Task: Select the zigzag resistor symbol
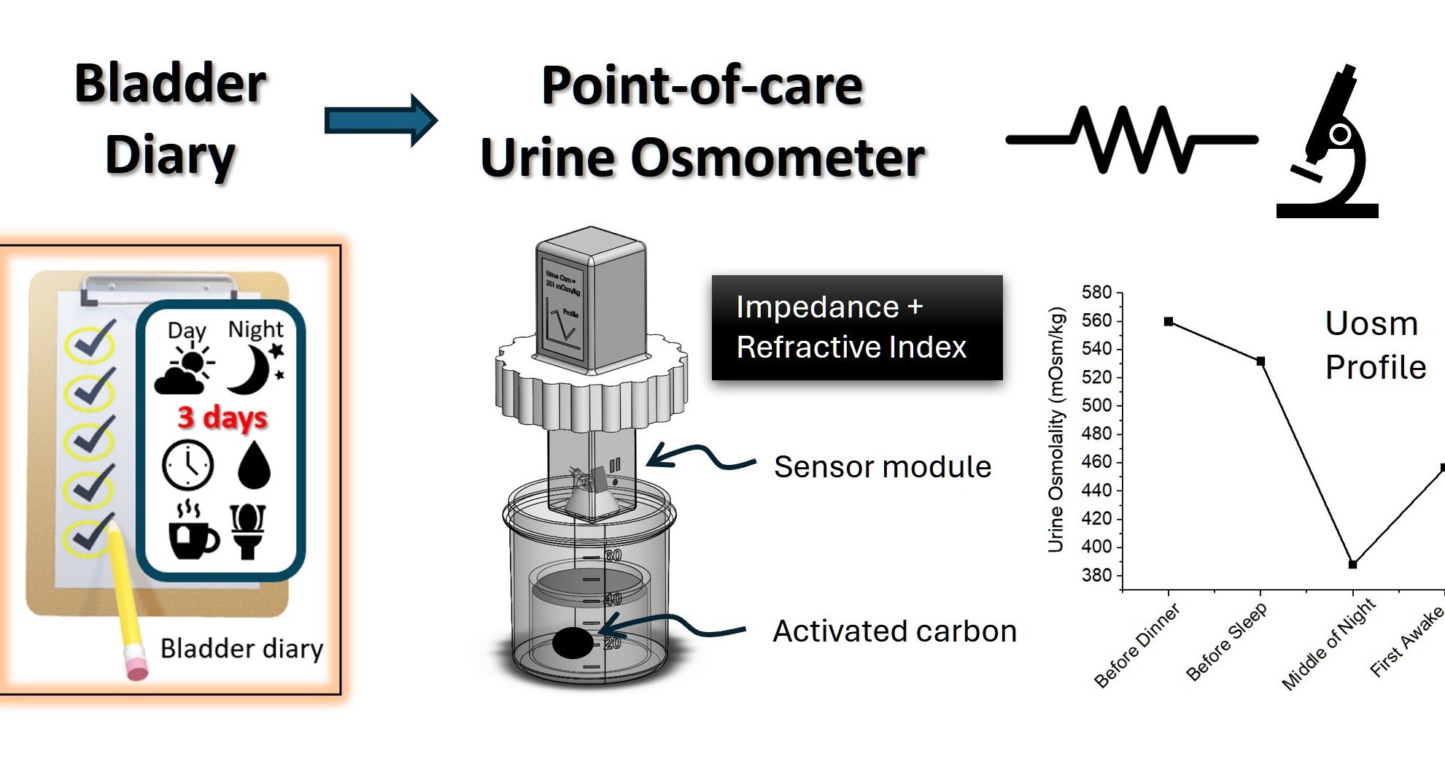pos(1131,139)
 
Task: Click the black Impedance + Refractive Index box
pos(856,328)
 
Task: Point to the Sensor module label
pos(882,467)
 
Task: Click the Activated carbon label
pos(894,631)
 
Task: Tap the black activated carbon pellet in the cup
pos(573,643)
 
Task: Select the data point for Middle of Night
pos(1352,564)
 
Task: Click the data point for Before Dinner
pos(1169,322)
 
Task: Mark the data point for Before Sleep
pos(1260,361)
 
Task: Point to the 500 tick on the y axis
pos(1096,406)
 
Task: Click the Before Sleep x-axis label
pos(1227,642)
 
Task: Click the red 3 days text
pos(222,418)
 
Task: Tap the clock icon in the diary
pos(187,465)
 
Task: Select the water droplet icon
pos(254,464)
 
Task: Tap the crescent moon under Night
pos(251,369)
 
